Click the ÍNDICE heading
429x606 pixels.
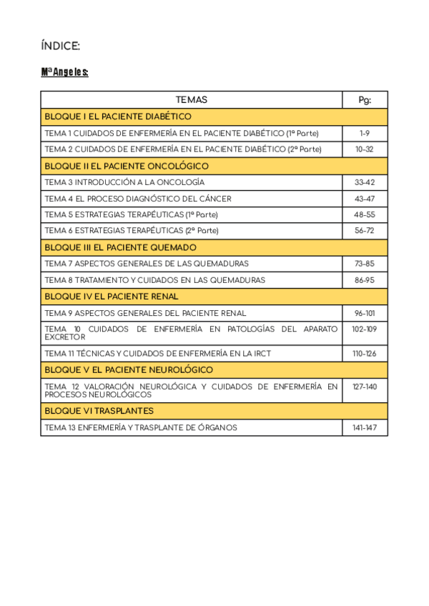[61, 46]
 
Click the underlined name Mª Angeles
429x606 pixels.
[64, 72]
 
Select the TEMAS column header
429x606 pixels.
[191, 100]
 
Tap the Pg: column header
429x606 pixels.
[365, 100]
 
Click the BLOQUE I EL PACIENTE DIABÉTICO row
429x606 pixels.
[118, 116]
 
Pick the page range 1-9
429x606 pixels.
[365, 133]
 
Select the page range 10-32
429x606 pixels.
[365, 149]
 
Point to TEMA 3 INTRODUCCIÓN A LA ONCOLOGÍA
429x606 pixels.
[124, 182]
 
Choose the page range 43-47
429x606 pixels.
[365, 199]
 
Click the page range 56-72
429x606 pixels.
[365, 231]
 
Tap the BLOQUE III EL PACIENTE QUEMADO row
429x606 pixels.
[120, 247]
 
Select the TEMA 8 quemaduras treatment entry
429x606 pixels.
[154, 280]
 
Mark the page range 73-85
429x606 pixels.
[365, 264]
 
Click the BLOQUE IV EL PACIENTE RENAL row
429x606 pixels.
[112, 297]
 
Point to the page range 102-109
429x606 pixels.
[365, 329]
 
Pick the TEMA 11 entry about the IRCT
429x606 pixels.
[157, 354]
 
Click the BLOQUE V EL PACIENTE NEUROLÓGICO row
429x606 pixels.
[129, 370]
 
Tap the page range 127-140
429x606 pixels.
[365, 387]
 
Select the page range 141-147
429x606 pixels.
[365, 427]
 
